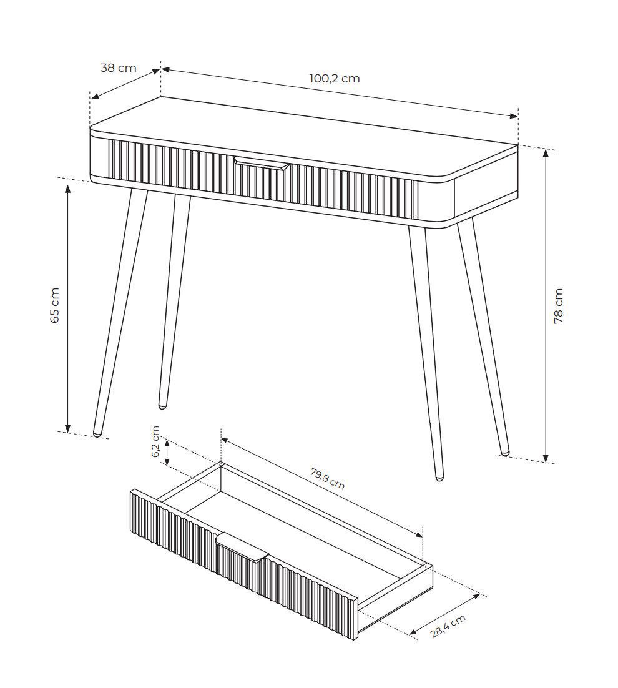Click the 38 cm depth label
(x=119, y=68)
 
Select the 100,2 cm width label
(x=335, y=79)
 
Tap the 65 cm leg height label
(x=55, y=305)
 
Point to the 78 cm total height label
(x=558, y=306)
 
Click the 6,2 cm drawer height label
(x=155, y=442)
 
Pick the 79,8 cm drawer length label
(x=327, y=479)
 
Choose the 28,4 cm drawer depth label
(x=448, y=626)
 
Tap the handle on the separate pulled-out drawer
(x=242, y=548)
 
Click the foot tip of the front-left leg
(x=97, y=435)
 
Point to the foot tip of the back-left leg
(x=162, y=406)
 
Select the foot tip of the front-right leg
(x=439, y=477)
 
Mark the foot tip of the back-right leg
(x=505, y=452)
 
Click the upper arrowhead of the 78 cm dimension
(x=546, y=153)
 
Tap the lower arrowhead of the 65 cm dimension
(x=67, y=428)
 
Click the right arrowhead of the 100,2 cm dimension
(x=514, y=116)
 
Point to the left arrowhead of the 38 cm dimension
(x=94, y=97)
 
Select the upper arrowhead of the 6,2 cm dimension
(x=167, y=443)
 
